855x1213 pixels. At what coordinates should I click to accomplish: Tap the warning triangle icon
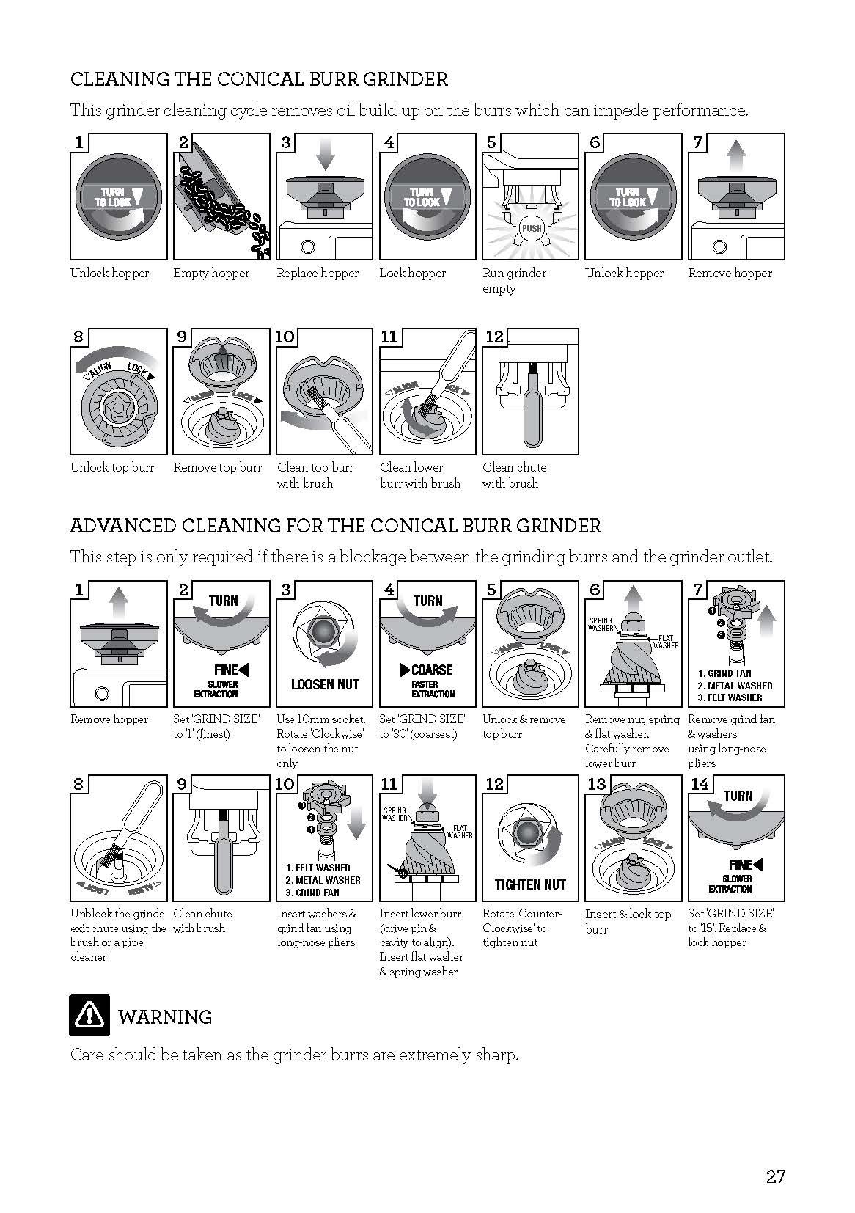[x=89, y=1015]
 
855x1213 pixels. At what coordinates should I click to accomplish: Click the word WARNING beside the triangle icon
[x=165, y=1017]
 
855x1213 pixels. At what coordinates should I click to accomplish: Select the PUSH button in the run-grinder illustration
[x=530, y=228]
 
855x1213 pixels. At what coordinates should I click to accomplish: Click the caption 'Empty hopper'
[x=211, y=274]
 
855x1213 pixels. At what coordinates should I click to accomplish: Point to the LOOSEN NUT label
[x=325, y=684]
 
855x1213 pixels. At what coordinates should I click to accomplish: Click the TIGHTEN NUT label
[x=530, y=884]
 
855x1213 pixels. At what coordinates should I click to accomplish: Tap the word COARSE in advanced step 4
[x=432, y=670]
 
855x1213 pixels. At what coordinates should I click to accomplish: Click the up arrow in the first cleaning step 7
[x=736, y=156]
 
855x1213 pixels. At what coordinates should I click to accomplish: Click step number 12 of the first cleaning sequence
[x=495, y=337]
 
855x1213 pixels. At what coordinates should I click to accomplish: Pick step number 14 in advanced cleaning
[x=700, y=784]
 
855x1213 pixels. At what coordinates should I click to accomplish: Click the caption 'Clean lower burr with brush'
[x=420, y=475]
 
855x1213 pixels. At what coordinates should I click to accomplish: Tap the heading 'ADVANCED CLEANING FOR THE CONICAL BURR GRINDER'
[x=335, y=526]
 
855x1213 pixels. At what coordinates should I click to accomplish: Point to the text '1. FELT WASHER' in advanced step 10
[x=318, y=868]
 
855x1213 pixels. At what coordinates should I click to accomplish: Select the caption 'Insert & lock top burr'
[x=628, y=921]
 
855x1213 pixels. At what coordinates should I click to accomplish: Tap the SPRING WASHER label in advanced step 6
[x=601, y=624]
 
